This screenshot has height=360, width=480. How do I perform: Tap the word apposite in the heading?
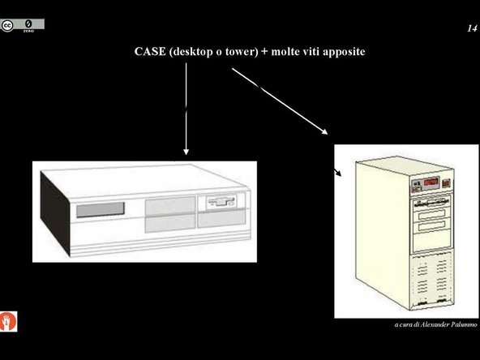349,51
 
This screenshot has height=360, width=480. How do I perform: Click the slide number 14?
471,28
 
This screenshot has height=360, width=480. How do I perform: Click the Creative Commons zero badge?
23,26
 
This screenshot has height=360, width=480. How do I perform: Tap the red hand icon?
10,319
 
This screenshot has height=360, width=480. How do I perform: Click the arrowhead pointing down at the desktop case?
186,150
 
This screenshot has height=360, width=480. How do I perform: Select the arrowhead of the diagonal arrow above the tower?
325,132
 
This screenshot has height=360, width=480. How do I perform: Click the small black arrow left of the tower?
337,173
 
